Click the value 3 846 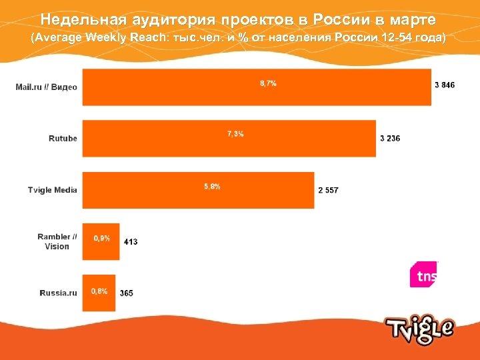coord(445,85)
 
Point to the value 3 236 coord(390,138)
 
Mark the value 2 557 coord(328,190)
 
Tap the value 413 coord(131,241)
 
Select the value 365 coord(127,293)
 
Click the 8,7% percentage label coord(268,83)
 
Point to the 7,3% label coord(235,134)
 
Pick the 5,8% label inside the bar coord(212,186)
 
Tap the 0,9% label coord(102,238)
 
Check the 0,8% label coord(99,291)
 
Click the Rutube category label coord(63,138)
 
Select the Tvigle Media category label coord(53,190)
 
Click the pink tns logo coord(424,274)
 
